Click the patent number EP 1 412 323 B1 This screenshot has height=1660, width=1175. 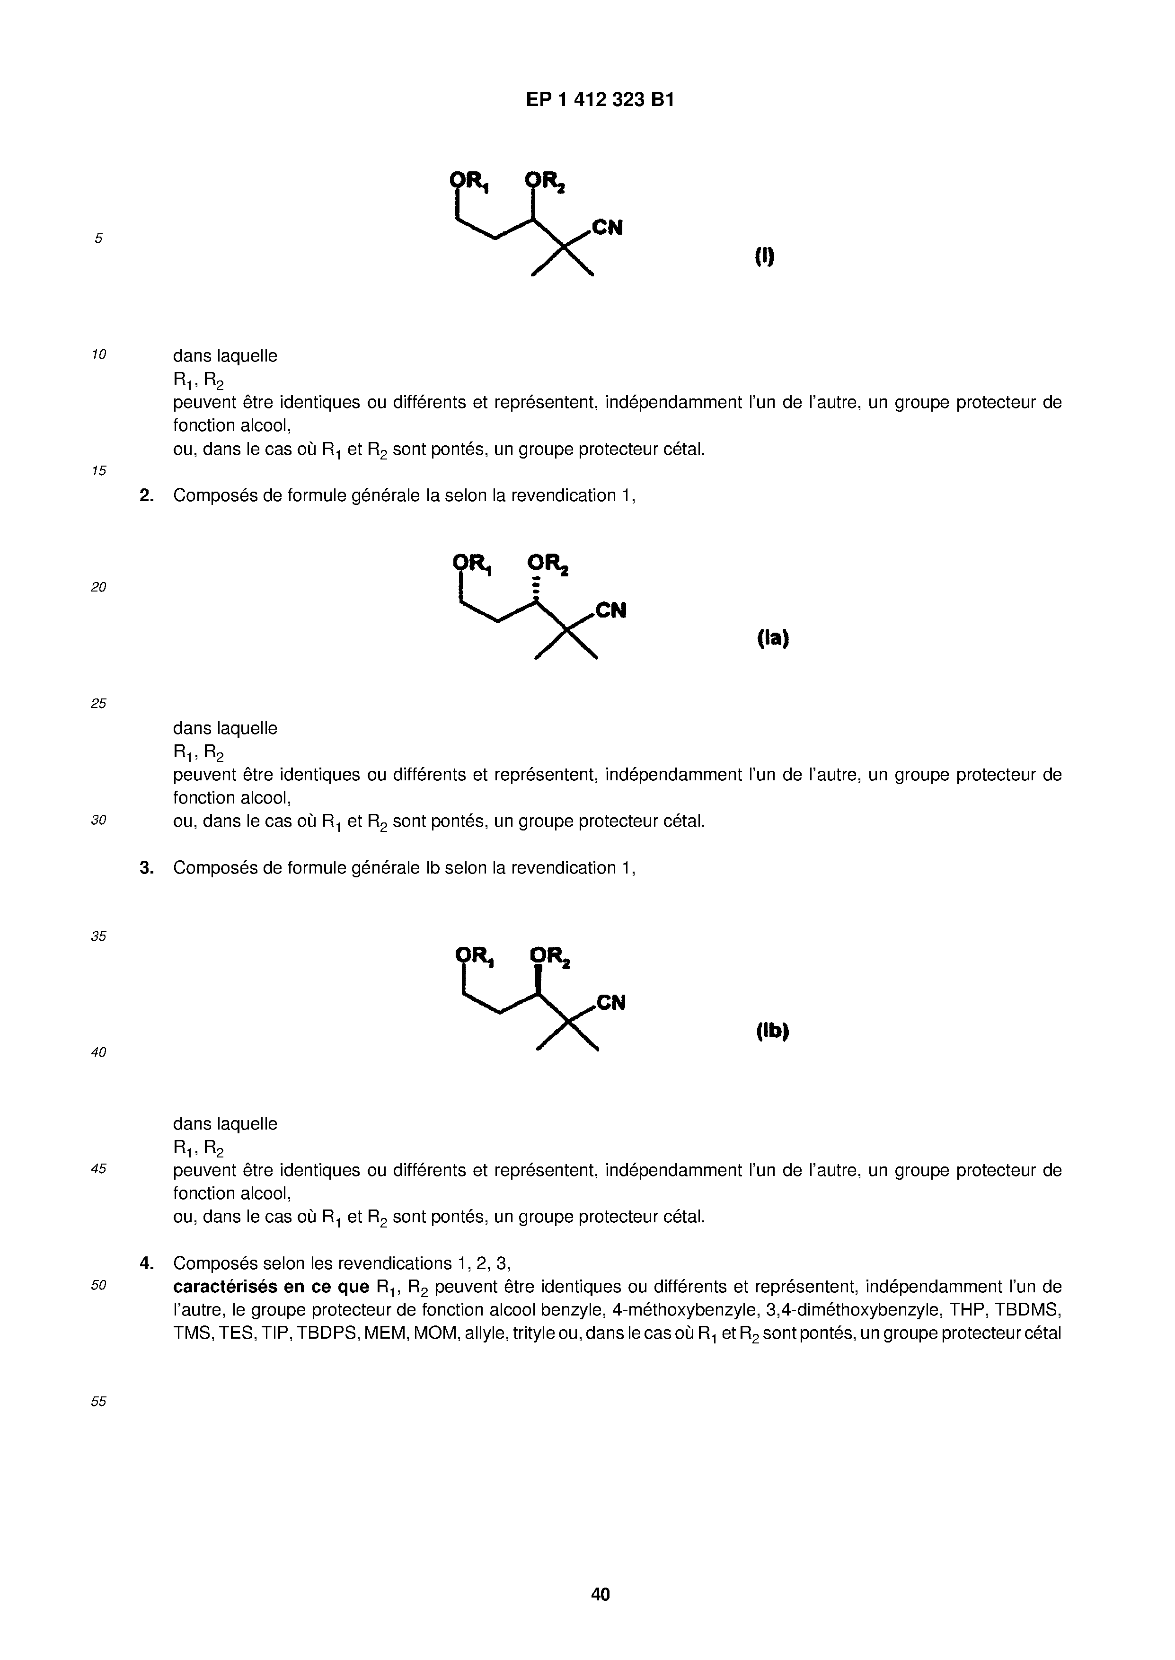point(600,100)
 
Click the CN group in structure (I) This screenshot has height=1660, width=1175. point(607,228)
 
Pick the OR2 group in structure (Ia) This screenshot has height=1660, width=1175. point(548,564)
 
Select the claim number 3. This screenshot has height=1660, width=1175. point(146,868)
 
